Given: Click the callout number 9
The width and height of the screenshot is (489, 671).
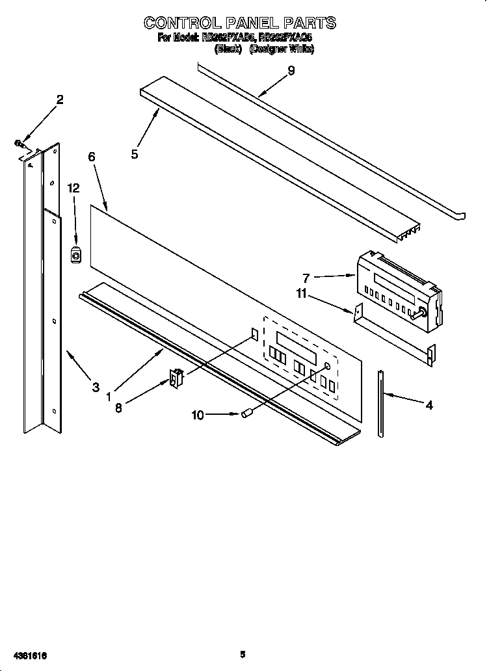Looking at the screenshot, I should (x=291, y=71).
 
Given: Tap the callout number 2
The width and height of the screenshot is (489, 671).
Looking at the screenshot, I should (x=60, y=99).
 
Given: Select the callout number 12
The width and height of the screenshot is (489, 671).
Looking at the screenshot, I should (x=73, y=188).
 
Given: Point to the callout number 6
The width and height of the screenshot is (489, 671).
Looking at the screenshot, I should (x=91, y=157).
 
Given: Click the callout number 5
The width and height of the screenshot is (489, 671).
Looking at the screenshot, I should (x=134, y=155).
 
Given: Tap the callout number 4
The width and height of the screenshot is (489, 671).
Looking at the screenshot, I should (x=429, y=405).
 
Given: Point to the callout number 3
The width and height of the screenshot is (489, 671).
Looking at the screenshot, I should (x=96, y=388).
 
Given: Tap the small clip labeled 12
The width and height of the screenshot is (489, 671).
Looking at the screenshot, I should (x=75, y=256).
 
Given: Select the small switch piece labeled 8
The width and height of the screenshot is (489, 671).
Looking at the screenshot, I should (x=175, y=379).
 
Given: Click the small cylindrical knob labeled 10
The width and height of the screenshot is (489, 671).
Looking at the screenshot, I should (x=246, y=414).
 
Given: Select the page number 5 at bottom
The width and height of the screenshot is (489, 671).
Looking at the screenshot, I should (x=243, y=654).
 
